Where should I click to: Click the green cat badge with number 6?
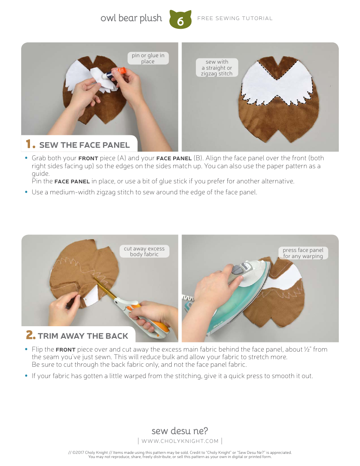tap(180, 20)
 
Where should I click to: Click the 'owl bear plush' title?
tap(131, 18)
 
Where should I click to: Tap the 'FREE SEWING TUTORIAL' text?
tap(235, 18)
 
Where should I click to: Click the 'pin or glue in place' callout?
tap(148, 58)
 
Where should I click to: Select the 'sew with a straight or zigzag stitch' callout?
tap(217, 67)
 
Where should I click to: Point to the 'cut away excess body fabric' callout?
tap(144, 252)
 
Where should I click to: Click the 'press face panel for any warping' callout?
tap(303, 253)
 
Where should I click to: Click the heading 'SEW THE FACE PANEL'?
tap(84, 145)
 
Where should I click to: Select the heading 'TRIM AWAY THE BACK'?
tap(83, 336)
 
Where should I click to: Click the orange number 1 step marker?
tap(31, 144)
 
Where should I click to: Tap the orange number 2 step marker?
tap(31, 335)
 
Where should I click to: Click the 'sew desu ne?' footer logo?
tap(180, 431)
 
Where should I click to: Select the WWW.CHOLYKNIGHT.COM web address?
tap(180, 441)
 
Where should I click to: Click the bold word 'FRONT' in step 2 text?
tap(66, 350)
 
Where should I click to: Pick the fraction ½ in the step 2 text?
tap(307, 349)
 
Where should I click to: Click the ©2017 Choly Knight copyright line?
tap(180, 452)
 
